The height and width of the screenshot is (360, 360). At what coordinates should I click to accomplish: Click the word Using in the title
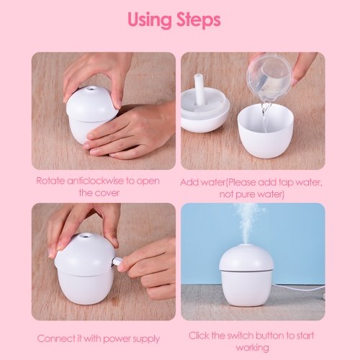point(150,20)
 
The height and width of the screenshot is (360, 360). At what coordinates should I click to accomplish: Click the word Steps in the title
point(199,20)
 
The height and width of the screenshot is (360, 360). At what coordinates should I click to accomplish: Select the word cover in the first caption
point(109,193)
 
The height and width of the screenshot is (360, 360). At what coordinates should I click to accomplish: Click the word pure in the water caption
point(243,194)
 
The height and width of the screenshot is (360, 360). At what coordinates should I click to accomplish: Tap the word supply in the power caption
point(146,339)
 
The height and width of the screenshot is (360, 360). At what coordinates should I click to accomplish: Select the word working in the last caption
point(252,348)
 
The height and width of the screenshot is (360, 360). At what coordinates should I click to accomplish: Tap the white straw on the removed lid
point(199,89)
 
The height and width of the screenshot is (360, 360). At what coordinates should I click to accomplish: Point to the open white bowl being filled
point(266,132)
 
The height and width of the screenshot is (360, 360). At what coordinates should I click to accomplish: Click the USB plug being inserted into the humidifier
point(117,261)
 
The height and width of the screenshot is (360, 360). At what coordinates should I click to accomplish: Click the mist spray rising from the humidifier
point(247,225)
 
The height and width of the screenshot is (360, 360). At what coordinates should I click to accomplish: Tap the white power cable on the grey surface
point(299,289)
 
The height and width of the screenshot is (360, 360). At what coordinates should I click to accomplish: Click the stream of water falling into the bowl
point(265,114)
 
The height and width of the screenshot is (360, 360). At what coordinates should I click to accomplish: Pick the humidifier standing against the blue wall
point(247,276)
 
